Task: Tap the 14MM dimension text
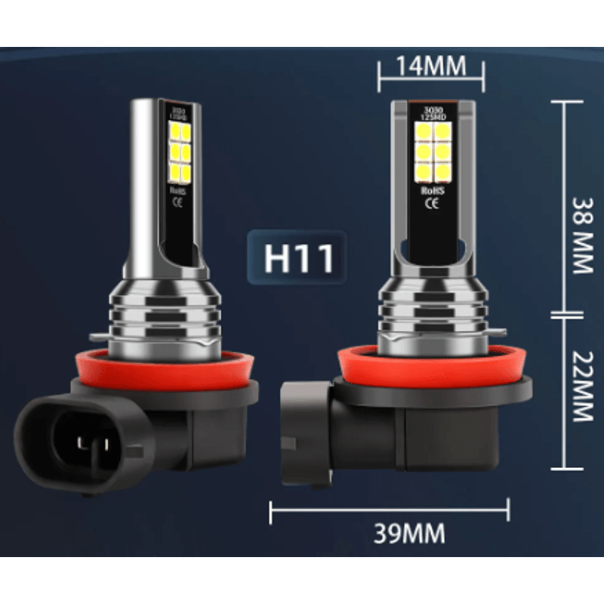[431, 66]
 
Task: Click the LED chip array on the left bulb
[180, 150]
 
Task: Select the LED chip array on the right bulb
[433, 152]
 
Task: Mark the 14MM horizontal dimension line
[431, 78]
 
